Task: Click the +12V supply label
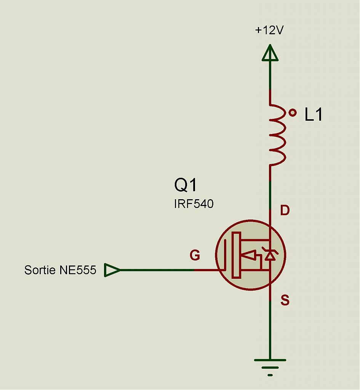269,30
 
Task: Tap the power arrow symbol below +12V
270,53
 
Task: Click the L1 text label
314,115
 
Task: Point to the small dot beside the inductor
293,112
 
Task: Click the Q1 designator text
186,185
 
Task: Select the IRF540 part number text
194,204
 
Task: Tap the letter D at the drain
284,210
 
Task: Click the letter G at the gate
195,256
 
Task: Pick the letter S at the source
285,301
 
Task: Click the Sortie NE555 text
60,270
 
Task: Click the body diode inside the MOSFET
270,254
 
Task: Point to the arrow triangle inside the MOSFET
249,255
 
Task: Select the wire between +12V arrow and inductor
270,76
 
